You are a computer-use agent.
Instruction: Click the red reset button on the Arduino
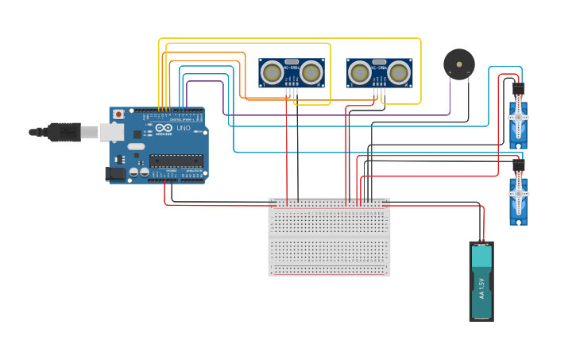click(118, 114)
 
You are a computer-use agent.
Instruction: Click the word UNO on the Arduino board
click(182, 128)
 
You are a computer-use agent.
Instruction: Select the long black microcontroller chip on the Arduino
click(176, 161)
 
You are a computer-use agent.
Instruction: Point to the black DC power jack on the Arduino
click(116, 173)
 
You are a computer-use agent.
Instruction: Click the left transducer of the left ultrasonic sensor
click(273, 74)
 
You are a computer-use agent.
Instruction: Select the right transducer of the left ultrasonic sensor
click(311, 74)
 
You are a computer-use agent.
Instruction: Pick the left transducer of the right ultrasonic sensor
click(360, 74)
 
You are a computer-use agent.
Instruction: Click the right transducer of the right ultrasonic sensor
click(398, 74)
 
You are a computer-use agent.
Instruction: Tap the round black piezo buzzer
click(458, 64)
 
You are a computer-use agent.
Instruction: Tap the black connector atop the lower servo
click(518, 165)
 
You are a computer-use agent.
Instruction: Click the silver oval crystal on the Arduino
click(136, 146)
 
